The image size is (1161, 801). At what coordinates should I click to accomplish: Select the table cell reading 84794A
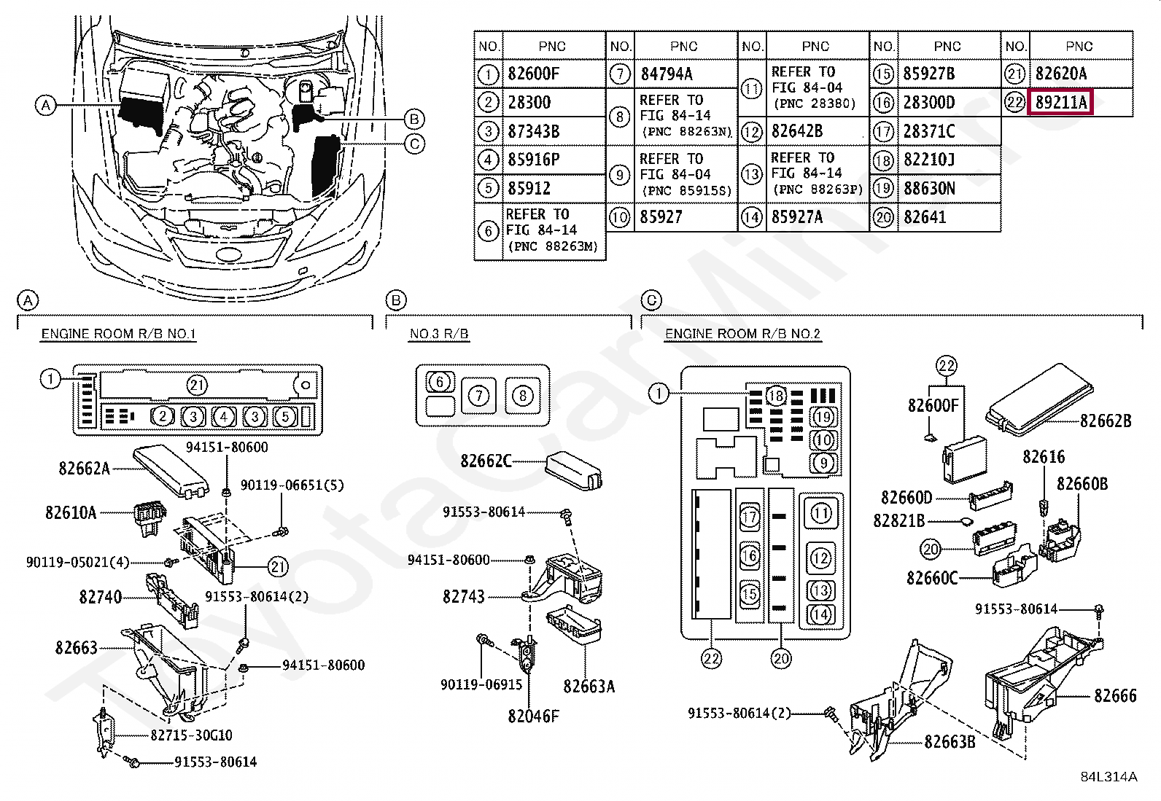click(667, 74)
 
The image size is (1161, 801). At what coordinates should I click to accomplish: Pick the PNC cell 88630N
click(929, 188)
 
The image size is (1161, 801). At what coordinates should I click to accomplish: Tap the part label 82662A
click(84, 469)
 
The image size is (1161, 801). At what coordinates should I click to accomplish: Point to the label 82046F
click(533, 716)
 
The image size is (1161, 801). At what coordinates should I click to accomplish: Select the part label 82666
click(1114, 696)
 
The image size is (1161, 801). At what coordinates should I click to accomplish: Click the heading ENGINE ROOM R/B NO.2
click(742, 334)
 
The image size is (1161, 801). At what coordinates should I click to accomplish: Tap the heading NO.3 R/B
click(439, 334)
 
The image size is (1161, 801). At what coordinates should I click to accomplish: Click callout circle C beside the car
click(414, 144)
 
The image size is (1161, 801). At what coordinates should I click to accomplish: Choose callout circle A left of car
click(45, 106)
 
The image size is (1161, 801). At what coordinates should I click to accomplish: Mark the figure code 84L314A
click(1108, 777)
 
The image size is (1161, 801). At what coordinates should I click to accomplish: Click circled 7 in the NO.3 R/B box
click(478, 396)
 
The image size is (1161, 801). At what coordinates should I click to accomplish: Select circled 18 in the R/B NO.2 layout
click(776, 396)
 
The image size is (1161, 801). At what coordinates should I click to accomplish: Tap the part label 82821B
click(898, 520)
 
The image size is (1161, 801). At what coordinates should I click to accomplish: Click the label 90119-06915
click(481, 685)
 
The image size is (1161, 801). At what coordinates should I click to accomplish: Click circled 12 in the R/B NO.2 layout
click(821, 558)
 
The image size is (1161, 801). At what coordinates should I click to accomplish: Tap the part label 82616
click(1043, 457)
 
